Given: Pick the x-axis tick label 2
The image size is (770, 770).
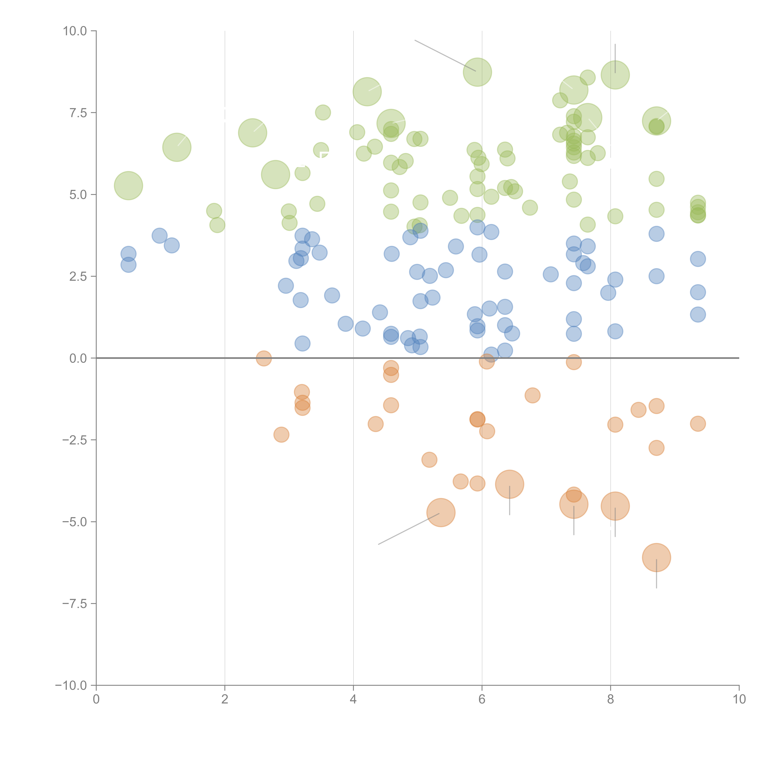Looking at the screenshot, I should (x=225, y=699).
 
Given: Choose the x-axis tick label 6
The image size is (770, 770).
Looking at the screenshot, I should (x=482, y=699).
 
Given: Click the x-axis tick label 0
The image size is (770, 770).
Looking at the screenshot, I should (x=96, y=699).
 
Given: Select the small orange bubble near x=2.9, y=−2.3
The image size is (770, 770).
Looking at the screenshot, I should (x=281, y=434).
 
